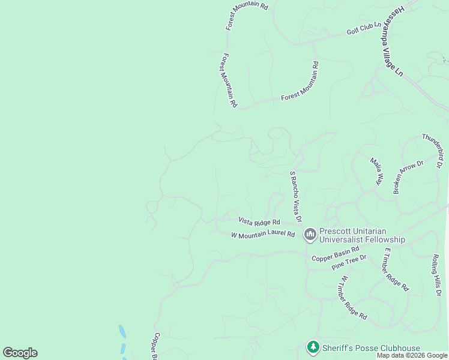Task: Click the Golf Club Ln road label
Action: coord(364,28)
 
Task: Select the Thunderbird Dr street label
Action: coord(432,150)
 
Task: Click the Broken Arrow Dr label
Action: coord(408,177)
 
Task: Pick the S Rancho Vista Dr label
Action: coord(295,196)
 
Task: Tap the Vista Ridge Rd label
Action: coord(259,221)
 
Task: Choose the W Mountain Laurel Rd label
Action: coord(263,235)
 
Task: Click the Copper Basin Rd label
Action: coord(335,253)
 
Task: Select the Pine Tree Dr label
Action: coord(349,263)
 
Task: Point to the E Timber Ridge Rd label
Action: coord(396,269)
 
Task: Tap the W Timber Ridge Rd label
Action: coord(353,298)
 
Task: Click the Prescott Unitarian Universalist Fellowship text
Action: coord(361,235)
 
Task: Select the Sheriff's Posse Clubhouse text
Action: coord(371,348)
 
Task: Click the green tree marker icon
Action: coord(312,347)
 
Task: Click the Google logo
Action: coord(20,353)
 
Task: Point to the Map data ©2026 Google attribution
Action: coord(412,356)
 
